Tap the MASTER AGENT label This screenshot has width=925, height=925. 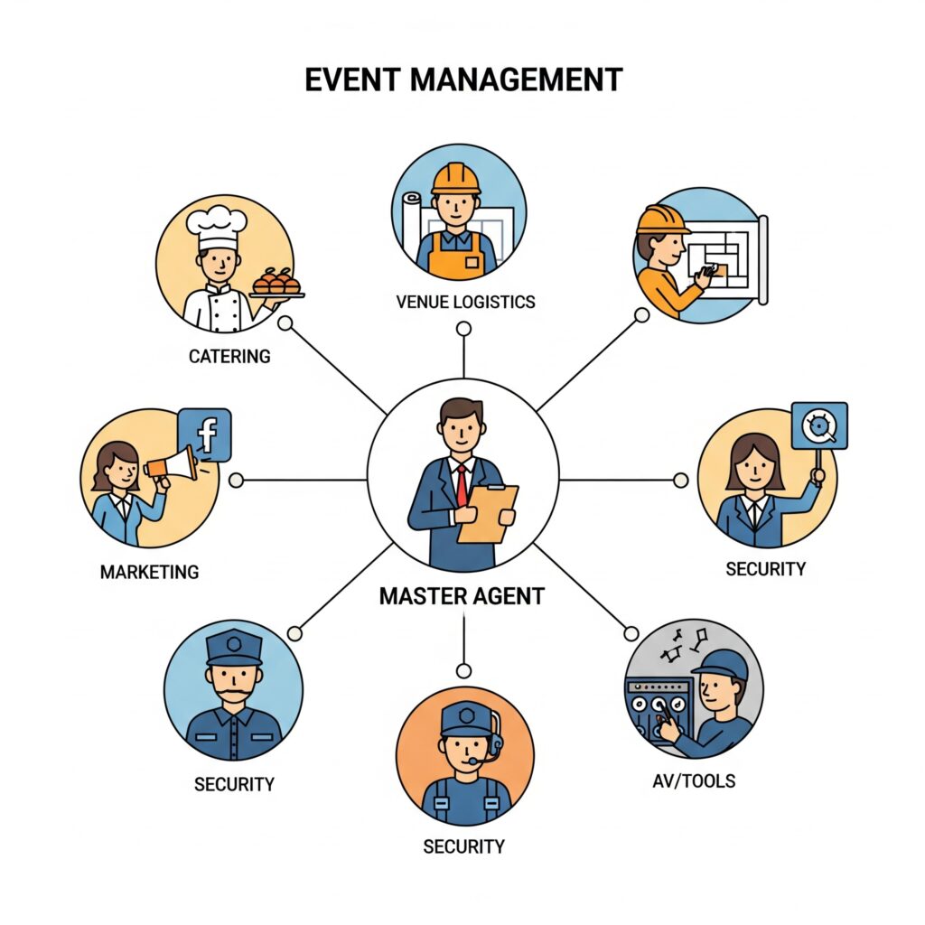click(x=462, y=596)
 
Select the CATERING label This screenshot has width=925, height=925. click(x=229, y=356)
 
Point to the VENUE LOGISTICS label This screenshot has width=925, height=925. click(x=465, y=302)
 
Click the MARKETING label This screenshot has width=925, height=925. click(x=149, y=572)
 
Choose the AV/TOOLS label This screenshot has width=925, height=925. click(x=693, y=780)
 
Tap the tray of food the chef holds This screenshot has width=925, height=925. click(x=276, y=284)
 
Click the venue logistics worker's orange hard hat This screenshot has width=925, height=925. click(x=455, y=178)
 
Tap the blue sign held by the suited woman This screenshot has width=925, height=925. click(x=818, y=425)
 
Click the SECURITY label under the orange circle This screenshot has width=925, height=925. click(x=463, y=846)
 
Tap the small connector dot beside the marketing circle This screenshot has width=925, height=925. click(x=237, y=480)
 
